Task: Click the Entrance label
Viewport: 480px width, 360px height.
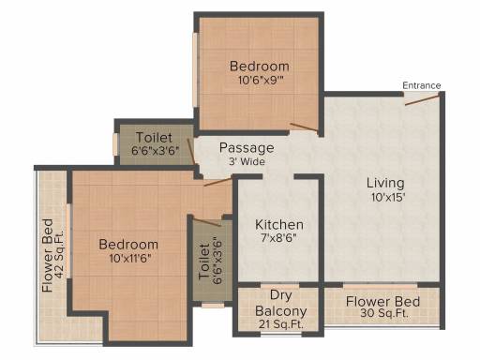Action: click(422, 85)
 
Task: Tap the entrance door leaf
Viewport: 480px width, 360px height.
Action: click(423, 100)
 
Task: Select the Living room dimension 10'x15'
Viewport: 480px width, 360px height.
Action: click(388, 197)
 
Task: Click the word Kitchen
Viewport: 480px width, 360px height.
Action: click(279, 225)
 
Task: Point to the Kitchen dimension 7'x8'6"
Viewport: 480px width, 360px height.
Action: click(278, 238)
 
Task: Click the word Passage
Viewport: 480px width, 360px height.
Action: click(247, 148)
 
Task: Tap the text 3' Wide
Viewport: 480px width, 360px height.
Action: click(247, 161)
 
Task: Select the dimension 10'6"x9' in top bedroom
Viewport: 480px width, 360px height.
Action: click(261, 80)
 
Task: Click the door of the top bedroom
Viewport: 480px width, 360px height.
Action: click(304, 127)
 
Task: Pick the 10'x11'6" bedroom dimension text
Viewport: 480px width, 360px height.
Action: click(130, 259)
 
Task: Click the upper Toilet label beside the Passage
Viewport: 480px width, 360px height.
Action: click(154, 138)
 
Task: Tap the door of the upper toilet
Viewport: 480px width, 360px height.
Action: click(191, 151)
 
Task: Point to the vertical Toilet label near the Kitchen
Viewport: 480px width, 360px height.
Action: click(204, 262)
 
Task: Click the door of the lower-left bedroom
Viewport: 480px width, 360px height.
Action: click(217, 182)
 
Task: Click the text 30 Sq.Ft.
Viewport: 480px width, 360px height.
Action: click(384, 313)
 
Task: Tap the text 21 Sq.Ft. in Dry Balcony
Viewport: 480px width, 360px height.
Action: click(281, 324)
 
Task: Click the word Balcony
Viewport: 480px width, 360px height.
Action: click(281, 311)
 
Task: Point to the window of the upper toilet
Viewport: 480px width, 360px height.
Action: click(115, 144)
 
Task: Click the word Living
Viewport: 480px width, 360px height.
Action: click(385, 183)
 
